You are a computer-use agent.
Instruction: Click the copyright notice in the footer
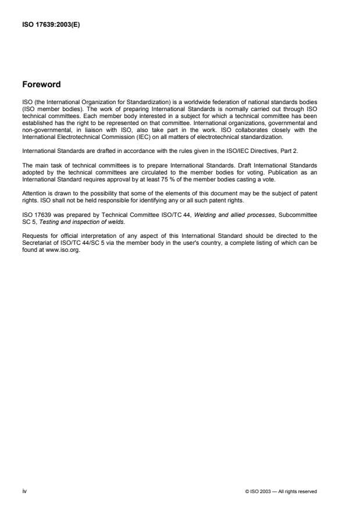(x=281, y=491)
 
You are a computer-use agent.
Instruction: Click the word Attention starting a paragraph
(x=33, y=194)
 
